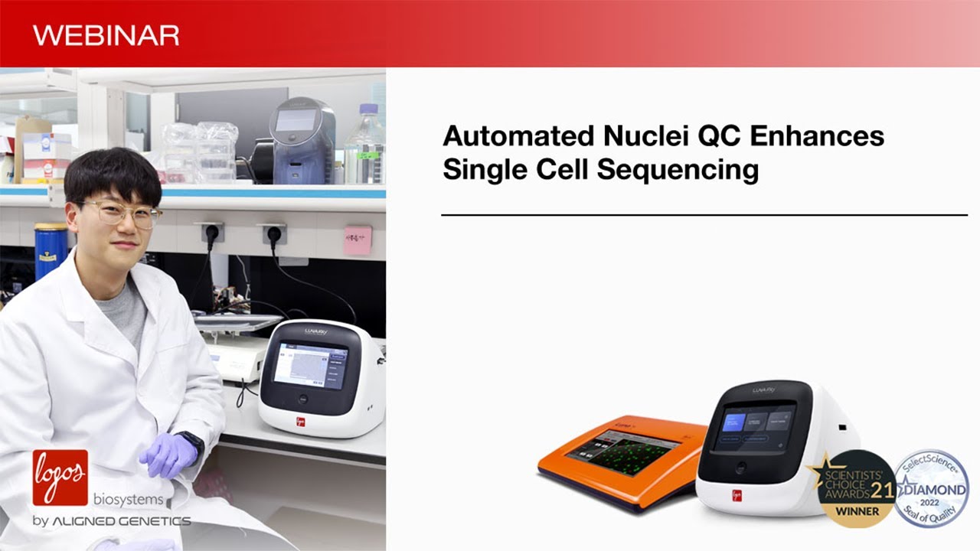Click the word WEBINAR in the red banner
pos(106,35)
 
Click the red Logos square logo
pos(60,477)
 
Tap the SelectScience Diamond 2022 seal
pos(931,487)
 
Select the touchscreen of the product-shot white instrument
pos(756,426)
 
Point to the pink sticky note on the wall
pos(358,240)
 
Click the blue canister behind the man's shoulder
pos(51,250)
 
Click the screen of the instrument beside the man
pos(309,365)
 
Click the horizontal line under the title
pos(704,215)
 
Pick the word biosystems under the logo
pos(129,500)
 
